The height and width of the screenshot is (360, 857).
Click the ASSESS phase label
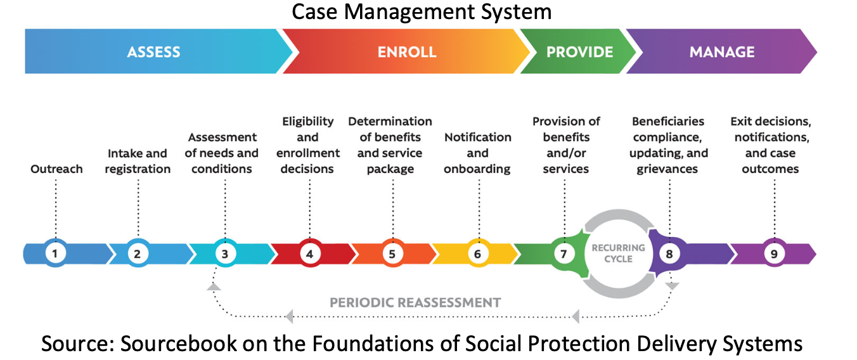click(x=153, y=52)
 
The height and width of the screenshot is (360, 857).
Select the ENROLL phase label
click(x=407, y=52)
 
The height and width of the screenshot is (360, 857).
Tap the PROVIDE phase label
click(x=579, y=52)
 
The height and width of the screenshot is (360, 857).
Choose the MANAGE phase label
click(x=722, y=52)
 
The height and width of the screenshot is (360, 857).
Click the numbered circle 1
click(x=56, y=254)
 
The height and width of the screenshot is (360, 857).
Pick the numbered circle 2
click(x=138, y=254)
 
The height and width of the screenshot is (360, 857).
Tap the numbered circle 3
click(x=225, y=254)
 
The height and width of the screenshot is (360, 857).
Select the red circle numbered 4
click(x=310, y=254)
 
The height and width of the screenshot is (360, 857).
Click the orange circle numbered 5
click(x=392, y=254)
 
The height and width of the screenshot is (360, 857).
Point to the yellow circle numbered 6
click(x=478, y=254)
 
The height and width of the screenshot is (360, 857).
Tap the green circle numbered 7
click(x=564, y=254)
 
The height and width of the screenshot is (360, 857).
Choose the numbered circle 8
click(x=669, y=254)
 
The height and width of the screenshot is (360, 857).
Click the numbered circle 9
click(x=775, y=254)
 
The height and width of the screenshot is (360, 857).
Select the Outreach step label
click(x=56, y=169)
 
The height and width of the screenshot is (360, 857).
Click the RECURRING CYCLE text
click(x=618, y=254)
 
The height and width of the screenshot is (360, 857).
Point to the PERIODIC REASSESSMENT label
click(x=415, y=302)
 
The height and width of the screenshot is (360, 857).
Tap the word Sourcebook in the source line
click(x=179, y=343)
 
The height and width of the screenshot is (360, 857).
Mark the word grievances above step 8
click(x=667, y=169)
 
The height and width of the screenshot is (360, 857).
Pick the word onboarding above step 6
click(x=477, y=169)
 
